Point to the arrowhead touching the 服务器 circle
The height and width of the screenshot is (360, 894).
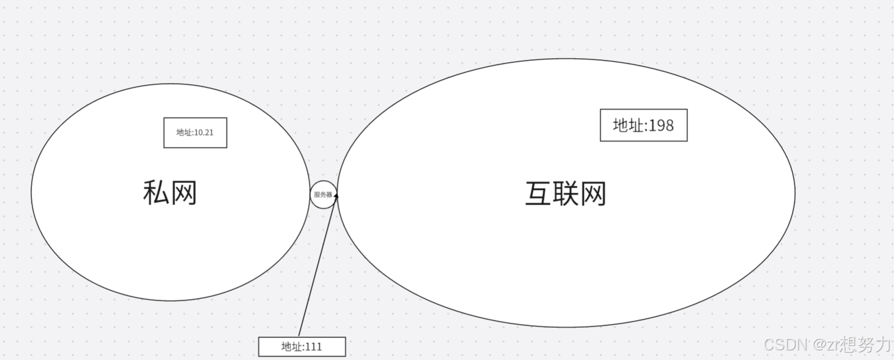tap(336, 196)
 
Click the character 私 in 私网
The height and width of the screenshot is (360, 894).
tap(155, 193)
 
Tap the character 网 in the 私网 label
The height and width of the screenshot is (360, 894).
tap(184, 193)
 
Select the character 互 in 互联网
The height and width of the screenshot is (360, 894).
tap(539, 194)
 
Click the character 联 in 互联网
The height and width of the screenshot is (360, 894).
tap(566, 194)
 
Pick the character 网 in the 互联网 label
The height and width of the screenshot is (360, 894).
tap(593, 194)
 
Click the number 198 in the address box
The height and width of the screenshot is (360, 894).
tap(661, 125)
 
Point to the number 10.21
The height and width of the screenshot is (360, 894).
tap(203, 133)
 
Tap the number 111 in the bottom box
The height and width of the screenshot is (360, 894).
tap(313, 346)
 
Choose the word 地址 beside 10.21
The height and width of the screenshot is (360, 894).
tap(184, 133)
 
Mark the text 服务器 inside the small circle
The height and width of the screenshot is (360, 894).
tap(323, 194)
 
